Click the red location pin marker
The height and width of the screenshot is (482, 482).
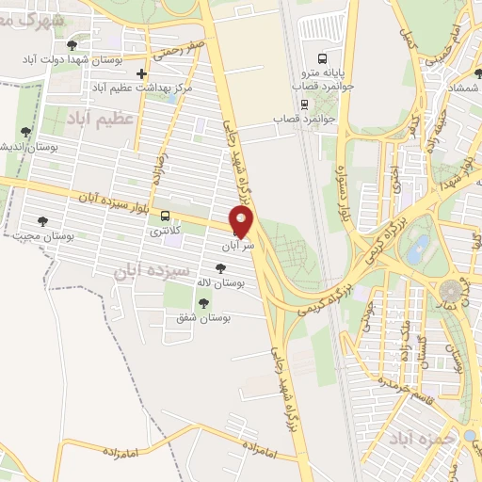[x=243, y=222]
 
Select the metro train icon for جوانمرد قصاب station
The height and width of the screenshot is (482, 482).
[x=304, y=105]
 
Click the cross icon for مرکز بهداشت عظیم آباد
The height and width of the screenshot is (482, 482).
[x=141, y=73]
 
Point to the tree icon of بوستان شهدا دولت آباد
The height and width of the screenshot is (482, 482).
[x=72, y=44]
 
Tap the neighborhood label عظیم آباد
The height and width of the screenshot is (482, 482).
[x=100, y=118]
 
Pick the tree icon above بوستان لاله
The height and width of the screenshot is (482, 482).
[x=220, y=268]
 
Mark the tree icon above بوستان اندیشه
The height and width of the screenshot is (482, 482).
[x=25, y=133]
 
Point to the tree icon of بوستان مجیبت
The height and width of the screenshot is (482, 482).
[x=41, y=221]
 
